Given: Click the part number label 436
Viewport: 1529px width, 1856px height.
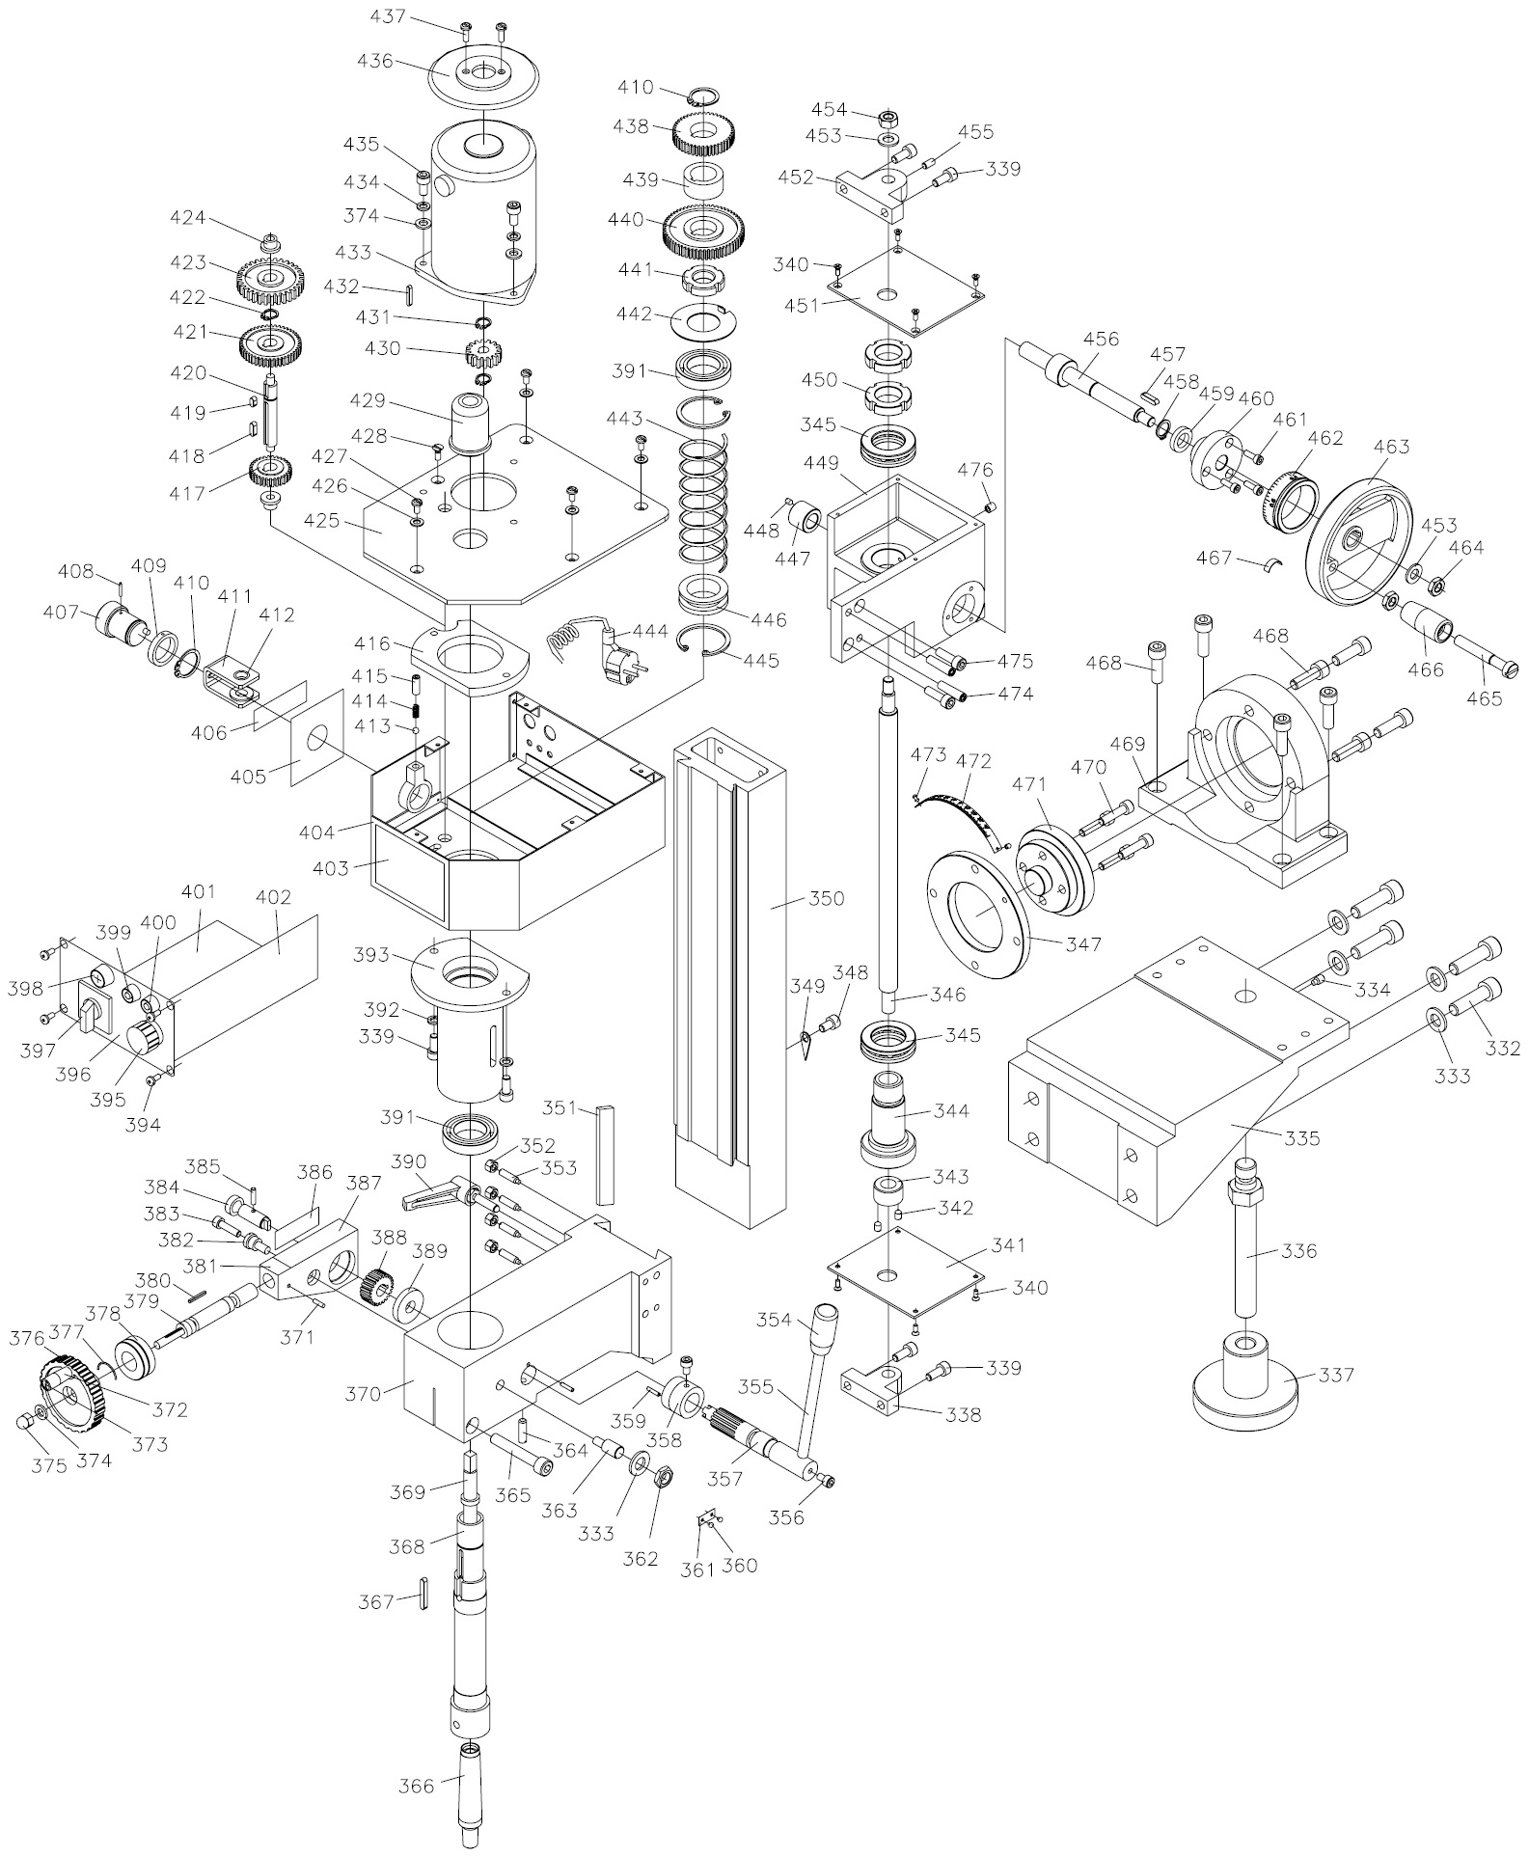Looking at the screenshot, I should (x=374, y=61).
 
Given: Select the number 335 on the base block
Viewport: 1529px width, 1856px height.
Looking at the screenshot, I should (x=1302, y=1137).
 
